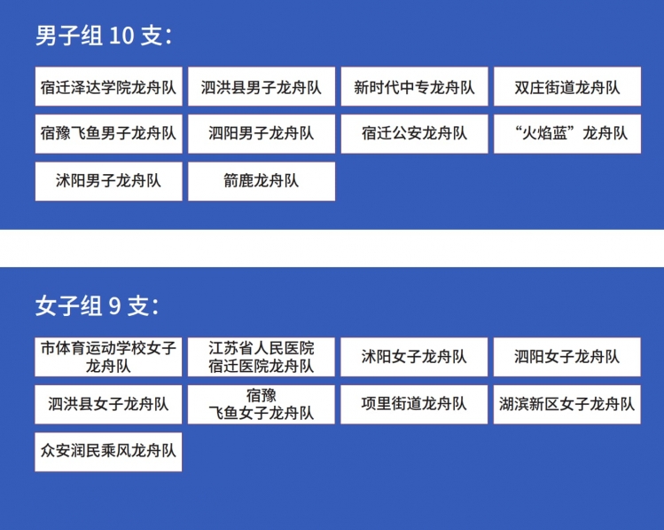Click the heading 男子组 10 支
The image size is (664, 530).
point(104,35)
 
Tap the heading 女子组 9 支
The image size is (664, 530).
point(97,305)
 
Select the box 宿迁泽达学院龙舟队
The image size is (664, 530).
point(108,86)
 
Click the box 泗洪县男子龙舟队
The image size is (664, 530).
point(262,86)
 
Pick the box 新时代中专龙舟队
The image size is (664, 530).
point(414,86)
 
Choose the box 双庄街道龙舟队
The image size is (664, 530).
point(567,86)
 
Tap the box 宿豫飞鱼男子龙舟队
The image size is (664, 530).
point(108,134)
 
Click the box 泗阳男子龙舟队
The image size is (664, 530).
point(262,134)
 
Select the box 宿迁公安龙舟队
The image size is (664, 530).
point(414,134)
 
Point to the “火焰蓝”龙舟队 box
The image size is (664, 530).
point(567,134)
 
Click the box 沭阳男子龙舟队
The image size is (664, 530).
point(108,181)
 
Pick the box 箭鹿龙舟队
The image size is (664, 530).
point(262,181)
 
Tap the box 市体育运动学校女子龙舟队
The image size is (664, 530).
point(108,357)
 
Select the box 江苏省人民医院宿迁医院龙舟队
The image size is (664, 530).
point(261,357)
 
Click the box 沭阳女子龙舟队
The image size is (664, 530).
point(414,357)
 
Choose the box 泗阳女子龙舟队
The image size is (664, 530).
point(566,357)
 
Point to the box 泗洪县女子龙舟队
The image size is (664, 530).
point(108,405)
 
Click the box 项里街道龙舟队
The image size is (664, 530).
point(414,405)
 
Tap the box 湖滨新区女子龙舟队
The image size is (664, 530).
point(566,405)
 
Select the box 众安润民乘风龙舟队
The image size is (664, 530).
point(108,452)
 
